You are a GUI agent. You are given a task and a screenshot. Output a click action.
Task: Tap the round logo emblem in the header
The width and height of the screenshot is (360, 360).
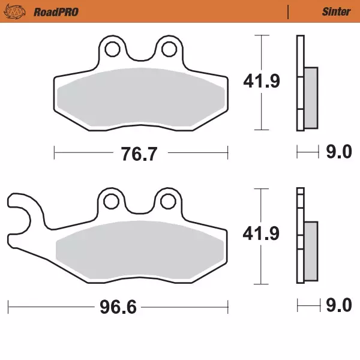pyautogui.click(x=19, y=11)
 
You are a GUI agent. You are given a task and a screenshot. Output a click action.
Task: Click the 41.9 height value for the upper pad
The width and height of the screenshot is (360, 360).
pyautogui.click(x=260, y=81)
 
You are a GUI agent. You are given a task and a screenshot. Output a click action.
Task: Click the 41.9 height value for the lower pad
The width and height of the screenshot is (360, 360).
pyautogui.click(x=260, y=236)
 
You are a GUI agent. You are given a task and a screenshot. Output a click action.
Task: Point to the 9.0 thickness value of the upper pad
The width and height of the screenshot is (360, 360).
pyautogui.click(x=338, y=154)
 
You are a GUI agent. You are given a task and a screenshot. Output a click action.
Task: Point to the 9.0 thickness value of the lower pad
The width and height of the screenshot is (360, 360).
pyautogui.click(x=338, y=307)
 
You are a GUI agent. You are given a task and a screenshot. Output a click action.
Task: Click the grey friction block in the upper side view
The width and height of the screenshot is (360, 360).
pyautogui.click(x=311, y=97)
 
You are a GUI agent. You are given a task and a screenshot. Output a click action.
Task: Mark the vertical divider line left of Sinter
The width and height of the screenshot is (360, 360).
pyautogui.click(x=289, y=11)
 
